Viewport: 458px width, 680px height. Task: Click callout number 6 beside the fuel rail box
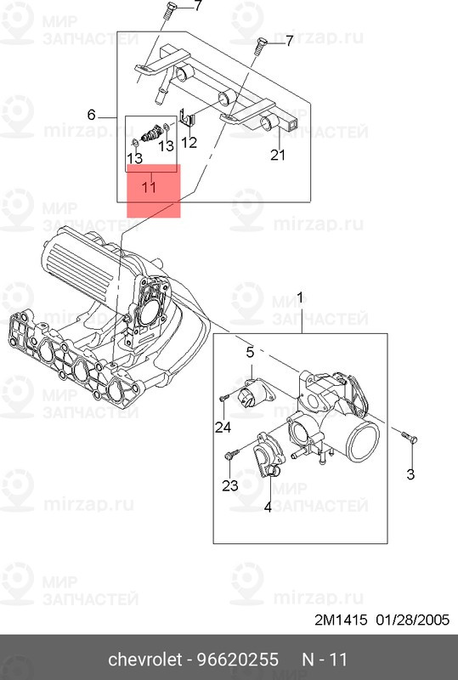[x=91, y=115]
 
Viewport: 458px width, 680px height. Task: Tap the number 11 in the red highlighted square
[x=150, y=188]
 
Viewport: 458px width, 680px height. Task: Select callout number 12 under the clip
[x=189, y=142]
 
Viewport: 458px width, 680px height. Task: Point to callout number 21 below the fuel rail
[x=278, y=155]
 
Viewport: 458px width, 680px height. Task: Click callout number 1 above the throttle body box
[x=299, y=299]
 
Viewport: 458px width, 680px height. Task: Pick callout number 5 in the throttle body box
[x=251, y=353]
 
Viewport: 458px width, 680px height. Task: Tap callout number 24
[x=223, y=428]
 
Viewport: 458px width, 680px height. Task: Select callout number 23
[x=230, y=485]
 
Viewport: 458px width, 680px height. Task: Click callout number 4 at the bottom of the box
[x=268, y=507]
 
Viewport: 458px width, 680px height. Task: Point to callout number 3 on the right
[x=410, y=474]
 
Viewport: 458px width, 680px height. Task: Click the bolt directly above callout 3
[x=409, y=437]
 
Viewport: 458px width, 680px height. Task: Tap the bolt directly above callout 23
[x=232, y=454]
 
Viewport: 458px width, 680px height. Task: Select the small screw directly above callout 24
[x=223, y=397]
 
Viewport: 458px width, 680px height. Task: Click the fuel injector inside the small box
[x=152, y=133]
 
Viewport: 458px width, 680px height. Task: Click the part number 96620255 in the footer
[x=238, y=660]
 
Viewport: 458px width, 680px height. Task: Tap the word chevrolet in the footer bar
[x=144, y=660]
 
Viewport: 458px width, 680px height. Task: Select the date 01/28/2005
[x=412, y=620]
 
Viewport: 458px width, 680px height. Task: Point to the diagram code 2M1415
[x=341, y=620]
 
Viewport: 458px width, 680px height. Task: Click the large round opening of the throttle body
[x=364, y=441]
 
